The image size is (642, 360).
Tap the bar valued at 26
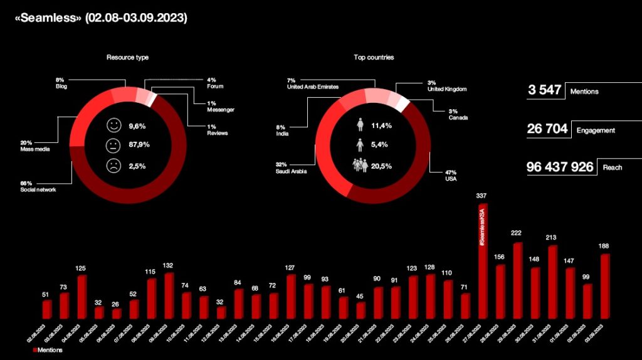117,313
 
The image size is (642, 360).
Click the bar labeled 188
604,286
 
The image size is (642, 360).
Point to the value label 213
552,238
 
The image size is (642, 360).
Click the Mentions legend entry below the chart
46,351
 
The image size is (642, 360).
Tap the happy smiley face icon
113,125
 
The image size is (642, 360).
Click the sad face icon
113,166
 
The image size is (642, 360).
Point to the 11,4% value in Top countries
381,125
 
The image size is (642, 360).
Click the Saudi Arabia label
291,171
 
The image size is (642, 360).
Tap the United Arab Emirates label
313,87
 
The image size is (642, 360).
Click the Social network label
38,189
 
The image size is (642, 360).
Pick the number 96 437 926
560,167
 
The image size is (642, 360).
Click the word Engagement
596,130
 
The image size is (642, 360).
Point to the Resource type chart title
127,58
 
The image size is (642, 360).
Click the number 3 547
544,90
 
